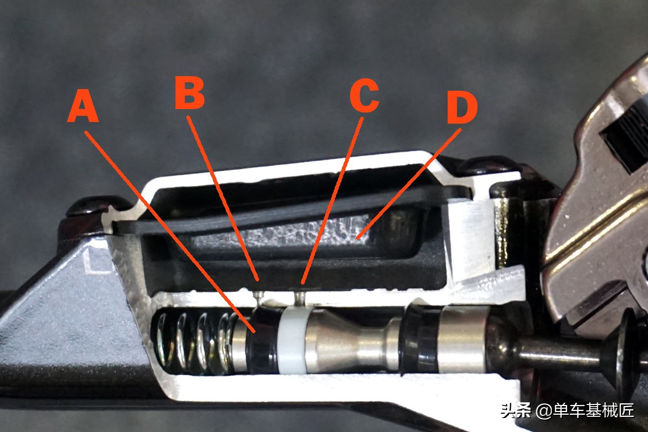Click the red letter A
click(83, 106)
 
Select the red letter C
click(364, 95)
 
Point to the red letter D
click(462, 107)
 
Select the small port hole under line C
click(301, 298)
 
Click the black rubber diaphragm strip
click(289, 209)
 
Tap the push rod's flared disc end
click(624, 355)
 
